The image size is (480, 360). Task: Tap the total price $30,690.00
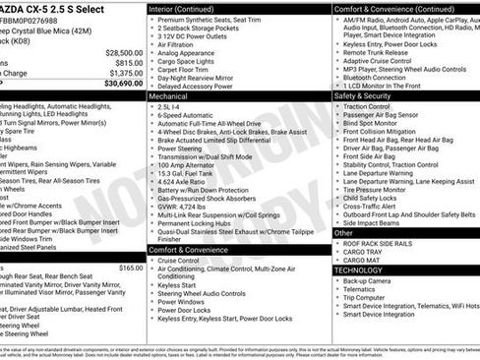tap(120, 85)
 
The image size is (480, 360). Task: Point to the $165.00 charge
tap(131, 268)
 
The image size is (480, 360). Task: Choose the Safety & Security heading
tap(362, 97)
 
